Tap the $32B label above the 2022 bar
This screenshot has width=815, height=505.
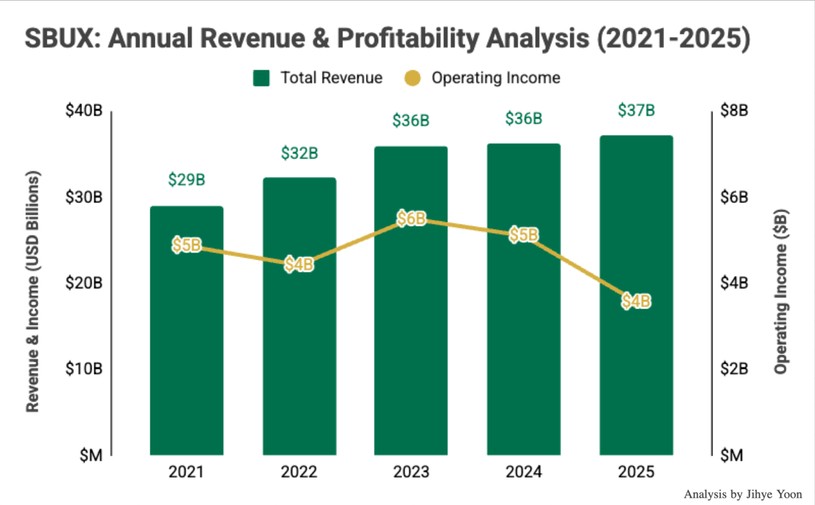pos(299,154)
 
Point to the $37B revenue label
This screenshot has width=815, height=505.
pos(636,111)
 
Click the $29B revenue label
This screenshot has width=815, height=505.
pos(186,180)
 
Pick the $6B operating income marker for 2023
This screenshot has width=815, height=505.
pos(411,219)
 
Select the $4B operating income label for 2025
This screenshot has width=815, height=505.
pos(636,301)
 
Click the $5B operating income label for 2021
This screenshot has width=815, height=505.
pos(186,246)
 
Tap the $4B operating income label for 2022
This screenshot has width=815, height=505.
pos(299,265)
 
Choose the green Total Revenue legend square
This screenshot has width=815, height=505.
pos(262,78)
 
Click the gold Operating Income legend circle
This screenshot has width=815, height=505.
pos(412,78)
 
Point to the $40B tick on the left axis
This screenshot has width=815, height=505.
pos(84,111)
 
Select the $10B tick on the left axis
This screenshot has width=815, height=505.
pos(84,369)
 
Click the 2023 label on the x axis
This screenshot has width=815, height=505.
pos(411,472)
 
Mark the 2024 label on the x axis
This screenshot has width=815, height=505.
pos(524,472)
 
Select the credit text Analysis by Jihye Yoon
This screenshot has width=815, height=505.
pos(743,495)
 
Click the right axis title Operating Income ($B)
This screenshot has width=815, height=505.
pos(781,292)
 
